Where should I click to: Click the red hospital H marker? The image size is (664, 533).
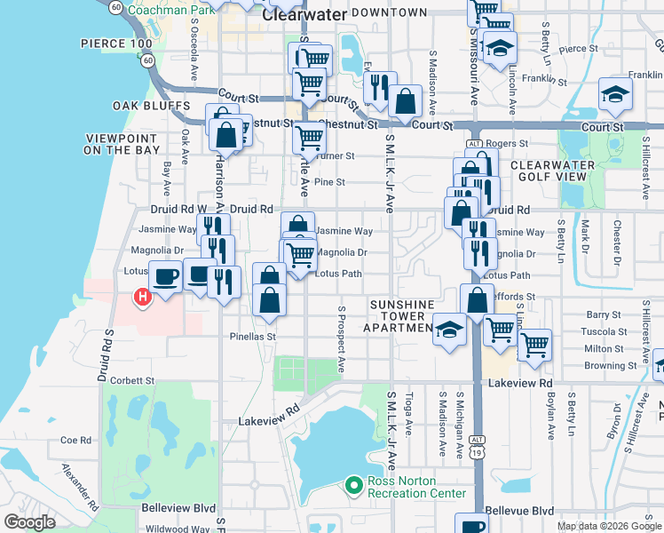coord(140,297)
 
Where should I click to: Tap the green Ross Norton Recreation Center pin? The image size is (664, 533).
coord(354,484)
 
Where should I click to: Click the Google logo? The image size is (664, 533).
coord(30,522)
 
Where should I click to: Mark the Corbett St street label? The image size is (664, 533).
coord(132,380)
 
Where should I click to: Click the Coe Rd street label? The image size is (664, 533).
coord(75,440)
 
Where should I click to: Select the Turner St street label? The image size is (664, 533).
coord(333,155)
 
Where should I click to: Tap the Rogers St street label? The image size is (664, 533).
coord(508,143)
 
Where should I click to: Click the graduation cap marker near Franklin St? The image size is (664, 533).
coord(614,93)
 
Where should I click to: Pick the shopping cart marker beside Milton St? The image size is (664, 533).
coord(534,344)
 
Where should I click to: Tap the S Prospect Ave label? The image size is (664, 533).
coord(341,340)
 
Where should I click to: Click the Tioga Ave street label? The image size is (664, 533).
coord(409,416)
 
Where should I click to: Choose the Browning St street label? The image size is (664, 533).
coord(611,365)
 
